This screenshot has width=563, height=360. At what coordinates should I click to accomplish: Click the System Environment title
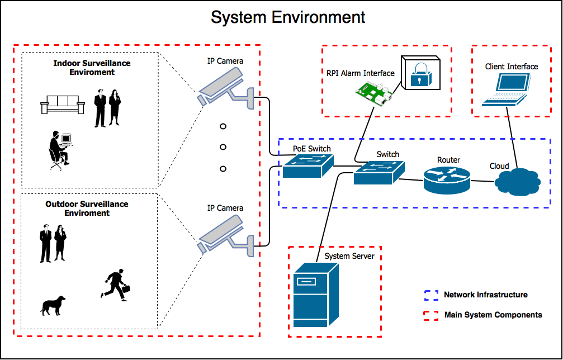(x=288, y=17)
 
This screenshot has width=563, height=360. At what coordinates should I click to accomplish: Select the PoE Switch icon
(x=307, y=166)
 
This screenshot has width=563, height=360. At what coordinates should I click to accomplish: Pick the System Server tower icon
(x=316, y=296)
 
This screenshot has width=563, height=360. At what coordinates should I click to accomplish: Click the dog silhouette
(x=53, y=305)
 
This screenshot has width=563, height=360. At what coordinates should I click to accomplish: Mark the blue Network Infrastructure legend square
(x=431, y=295)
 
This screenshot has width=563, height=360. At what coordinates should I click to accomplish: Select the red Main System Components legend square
(x=431, y=315)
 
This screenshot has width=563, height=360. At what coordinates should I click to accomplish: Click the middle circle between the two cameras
(x=223, y=147)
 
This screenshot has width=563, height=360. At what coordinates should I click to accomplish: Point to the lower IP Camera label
(x=225, y=208)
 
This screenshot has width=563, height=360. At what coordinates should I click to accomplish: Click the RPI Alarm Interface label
(x=361, y=73)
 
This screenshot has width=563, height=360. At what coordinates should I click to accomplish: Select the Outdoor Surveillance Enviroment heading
(x=87, y=209)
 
